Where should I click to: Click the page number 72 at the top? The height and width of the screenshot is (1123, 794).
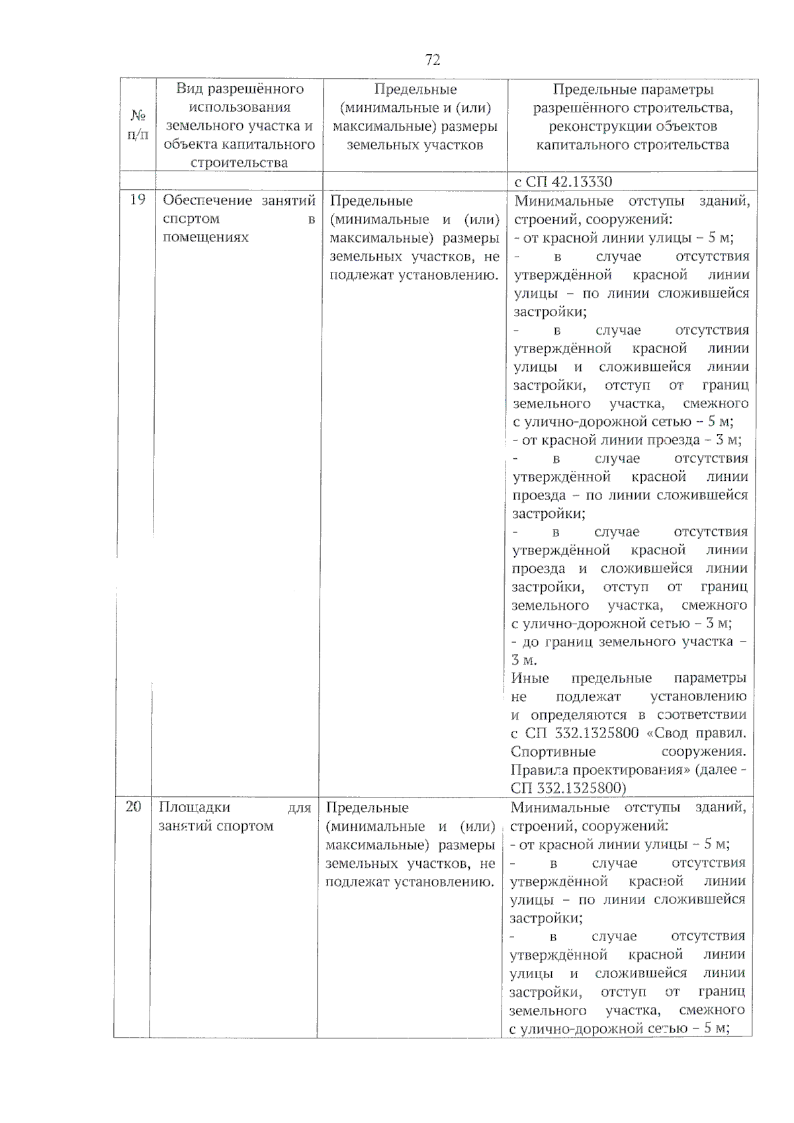(x=432, y=60)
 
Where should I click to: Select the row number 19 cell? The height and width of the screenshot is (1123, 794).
(x=137, y=200)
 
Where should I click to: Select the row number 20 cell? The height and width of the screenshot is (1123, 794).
(x=133, y=806)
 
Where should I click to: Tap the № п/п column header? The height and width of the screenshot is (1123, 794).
(x=138, y=125)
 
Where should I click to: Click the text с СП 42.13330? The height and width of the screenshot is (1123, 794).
(x=563, y=182)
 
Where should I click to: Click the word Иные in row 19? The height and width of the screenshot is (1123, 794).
(x=530, y=678)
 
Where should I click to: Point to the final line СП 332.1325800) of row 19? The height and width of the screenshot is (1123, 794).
(x=568, y=788)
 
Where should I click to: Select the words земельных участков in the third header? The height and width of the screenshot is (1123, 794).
(x=415, y=145)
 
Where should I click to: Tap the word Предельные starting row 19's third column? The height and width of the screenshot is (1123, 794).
(x=371, y=200)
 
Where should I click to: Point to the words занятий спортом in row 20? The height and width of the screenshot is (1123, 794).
(x=216, y=825)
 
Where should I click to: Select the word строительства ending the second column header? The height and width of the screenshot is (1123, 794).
(x=239, y=163)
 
